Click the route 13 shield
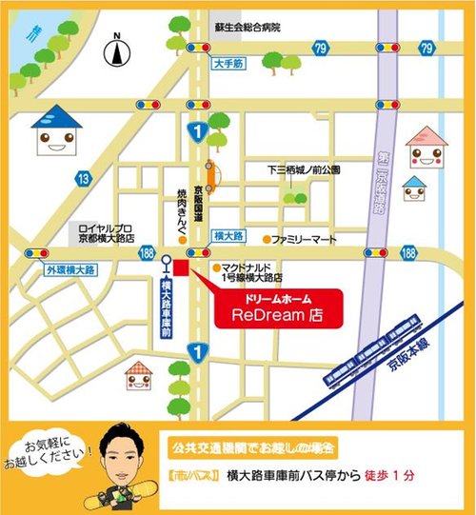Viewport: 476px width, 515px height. click(85, 177)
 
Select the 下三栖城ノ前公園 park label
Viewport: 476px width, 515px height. click(304, 169)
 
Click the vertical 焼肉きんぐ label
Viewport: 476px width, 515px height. click(180, 215)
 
